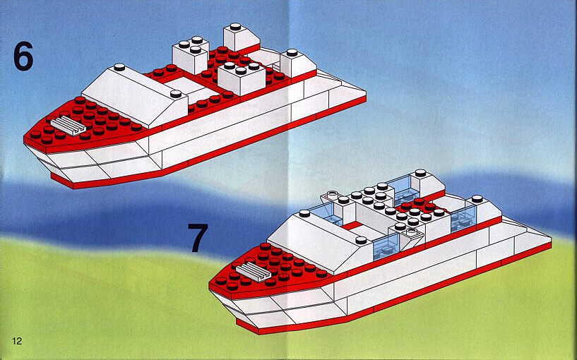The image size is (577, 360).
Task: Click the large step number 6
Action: [23, 56]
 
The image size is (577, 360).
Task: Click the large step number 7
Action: [198, 237]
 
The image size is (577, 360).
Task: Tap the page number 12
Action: [17, 341]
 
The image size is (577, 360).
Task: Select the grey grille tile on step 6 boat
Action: [68, 125]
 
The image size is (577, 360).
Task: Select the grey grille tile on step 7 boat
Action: [254, 272]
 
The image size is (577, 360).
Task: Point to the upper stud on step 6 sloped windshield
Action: [119, 67]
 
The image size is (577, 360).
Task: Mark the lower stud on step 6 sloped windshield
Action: [176, 94]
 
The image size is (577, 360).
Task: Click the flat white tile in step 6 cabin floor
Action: [183, 85]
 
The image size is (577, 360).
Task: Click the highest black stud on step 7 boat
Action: [420, 173]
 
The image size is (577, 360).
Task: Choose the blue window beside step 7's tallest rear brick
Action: [403, 190]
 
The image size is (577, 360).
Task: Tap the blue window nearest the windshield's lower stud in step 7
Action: [386, 247]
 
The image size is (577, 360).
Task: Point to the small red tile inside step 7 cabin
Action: [352, 225]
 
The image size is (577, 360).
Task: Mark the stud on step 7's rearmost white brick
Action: [477, 199]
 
